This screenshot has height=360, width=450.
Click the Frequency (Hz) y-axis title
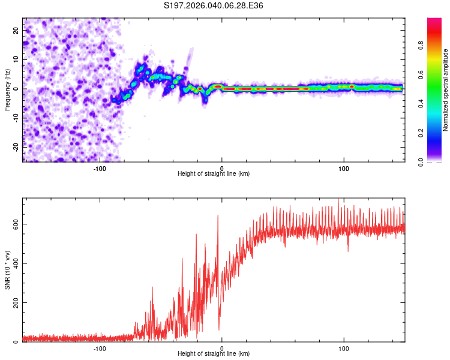tap(8, 89)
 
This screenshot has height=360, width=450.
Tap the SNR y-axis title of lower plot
tap(8, 271)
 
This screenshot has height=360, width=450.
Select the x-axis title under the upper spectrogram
tap(214, 173)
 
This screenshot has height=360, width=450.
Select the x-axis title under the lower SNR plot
tap(214, 353)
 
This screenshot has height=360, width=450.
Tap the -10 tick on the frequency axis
tap(14, 117)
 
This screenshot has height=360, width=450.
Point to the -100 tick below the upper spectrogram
tap(100, 168)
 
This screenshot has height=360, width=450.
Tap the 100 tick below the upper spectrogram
tap(344, 168)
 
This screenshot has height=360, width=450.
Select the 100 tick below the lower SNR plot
tap(344, 348)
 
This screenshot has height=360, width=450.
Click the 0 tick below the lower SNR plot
tap(222, 348)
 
